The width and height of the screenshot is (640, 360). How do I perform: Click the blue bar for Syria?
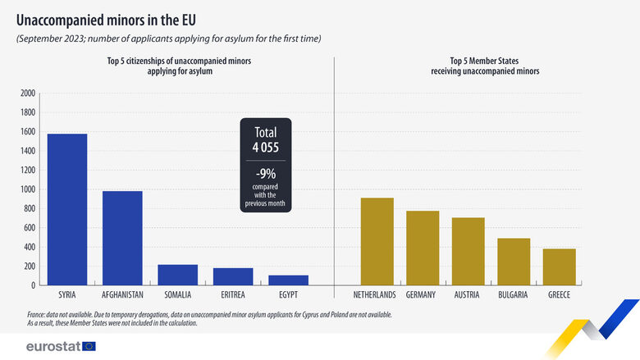tap(66, 209)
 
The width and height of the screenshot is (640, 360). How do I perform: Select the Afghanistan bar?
tap(122, 238)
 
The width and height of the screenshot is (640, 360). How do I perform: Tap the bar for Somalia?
tap(178, 275)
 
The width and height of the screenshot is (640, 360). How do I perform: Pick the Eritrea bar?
tap(233, 276)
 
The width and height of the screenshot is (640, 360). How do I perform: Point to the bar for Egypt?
tap(289, 280)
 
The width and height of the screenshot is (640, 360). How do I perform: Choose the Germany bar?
tap(422, 248)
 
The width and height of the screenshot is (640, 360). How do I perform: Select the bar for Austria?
tap(468, 251)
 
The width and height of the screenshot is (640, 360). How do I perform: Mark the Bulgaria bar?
tap(514, 262)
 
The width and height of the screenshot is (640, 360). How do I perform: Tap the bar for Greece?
tap(560, 267)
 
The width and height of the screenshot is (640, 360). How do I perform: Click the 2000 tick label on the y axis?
tap(28, 93)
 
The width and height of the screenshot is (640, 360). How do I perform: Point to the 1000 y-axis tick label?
tap(28, 189)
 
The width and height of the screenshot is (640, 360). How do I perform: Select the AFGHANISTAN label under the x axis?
tap(122, 294)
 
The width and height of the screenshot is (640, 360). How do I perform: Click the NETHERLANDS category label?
tap(374, 294)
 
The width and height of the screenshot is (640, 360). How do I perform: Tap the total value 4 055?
tap(265, 147)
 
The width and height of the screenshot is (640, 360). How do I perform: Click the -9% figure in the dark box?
tap(265, 174)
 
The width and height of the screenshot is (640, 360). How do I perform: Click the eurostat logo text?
tap(53, 345)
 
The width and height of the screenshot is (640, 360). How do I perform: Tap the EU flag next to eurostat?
tap(89, 345)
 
